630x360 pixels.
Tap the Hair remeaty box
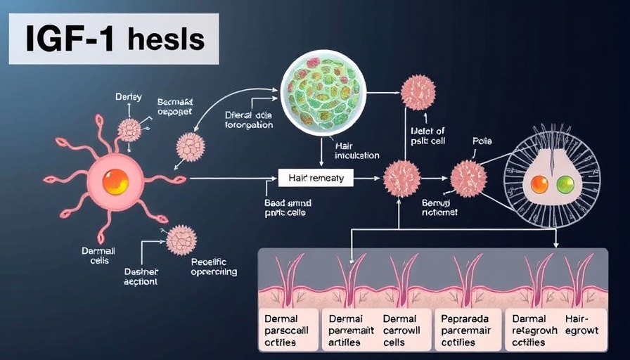(x=316, y=178)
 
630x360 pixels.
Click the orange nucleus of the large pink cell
(x=115, y=181)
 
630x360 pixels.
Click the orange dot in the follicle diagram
(x=539, y=184)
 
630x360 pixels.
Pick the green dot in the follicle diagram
(x=565, y=184)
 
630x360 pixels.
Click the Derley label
(x=128, y=97)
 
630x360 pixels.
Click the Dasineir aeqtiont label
(x=141, y=275)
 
